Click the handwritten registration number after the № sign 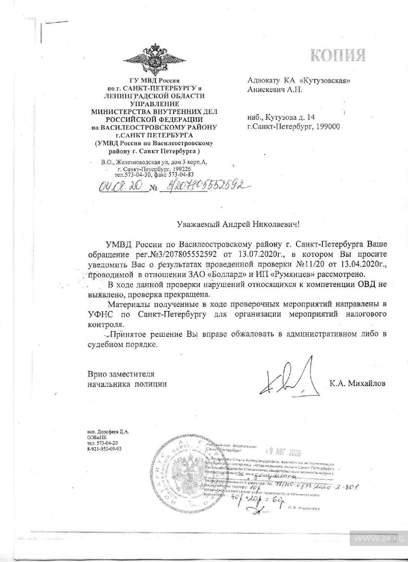coord(204,186)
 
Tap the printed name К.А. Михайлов coord(357,383)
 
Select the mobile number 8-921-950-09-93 coord(104,449)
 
